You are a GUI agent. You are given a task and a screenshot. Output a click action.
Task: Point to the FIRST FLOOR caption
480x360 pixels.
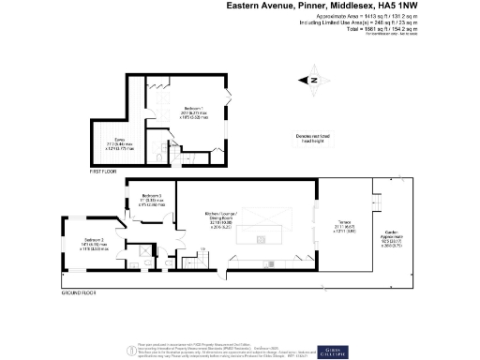click(102, 173)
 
